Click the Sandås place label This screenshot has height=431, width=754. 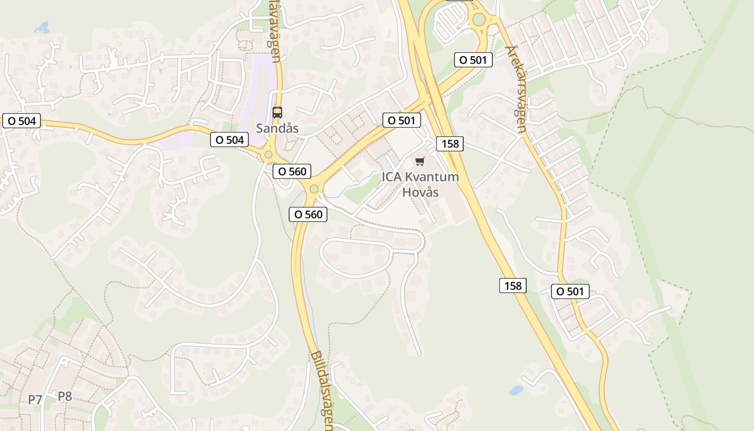click(x=277, y=128)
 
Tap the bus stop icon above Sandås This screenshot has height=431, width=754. click(x=277, y=113)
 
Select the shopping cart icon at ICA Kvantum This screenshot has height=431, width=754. click(x=420, y=161)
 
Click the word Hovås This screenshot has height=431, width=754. click(x=421, y=192)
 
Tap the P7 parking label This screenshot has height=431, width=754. click(x=35, y=399)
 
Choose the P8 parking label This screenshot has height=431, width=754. click(x=65, y=397)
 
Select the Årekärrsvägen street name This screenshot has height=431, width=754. click(x=516, y=89)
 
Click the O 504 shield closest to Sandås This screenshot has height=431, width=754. click(x=229, y=140)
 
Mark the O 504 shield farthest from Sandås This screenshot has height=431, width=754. click(x=22, y=121)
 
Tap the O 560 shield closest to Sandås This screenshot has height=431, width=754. click(x=292, y=171)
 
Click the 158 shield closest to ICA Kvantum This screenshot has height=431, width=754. click(x=450, y=143)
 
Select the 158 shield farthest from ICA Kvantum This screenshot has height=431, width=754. click(x=513, y=286)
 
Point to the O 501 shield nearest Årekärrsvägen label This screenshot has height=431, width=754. click(x=473, y=60)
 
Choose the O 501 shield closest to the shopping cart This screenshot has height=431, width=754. click(x=401, y=120)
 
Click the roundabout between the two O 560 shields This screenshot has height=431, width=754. click(x=313, y=189)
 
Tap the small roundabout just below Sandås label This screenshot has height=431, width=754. click(x=268, y=155)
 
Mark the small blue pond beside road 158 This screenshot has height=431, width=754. click(x=516, y=390)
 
